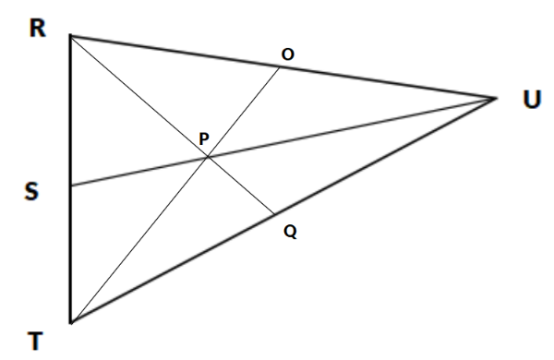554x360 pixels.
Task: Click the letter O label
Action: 288,56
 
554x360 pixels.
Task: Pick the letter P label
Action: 204,139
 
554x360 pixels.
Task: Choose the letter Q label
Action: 290,233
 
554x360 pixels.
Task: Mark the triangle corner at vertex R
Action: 70,36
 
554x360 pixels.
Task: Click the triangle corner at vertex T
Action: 70,323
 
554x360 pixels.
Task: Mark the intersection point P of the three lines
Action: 207,158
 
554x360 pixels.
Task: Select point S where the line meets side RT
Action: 70,186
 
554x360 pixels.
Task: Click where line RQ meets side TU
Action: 273,214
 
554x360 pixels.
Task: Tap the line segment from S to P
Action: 138,172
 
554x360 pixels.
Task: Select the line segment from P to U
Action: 351,127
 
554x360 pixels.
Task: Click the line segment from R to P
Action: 138,97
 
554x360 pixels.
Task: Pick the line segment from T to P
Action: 138,240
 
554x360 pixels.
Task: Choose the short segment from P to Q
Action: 240,186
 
